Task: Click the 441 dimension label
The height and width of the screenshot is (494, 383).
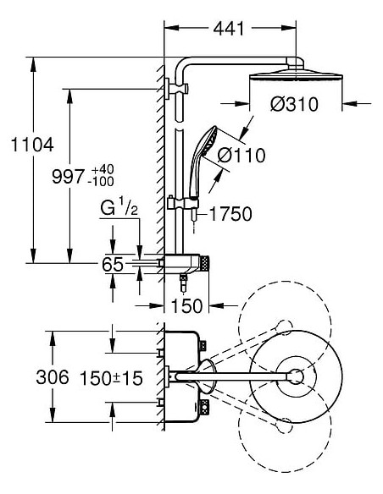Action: pos(229,29)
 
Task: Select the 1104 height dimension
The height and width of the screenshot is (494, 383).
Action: pos(32,145)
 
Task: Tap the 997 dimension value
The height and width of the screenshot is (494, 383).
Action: pos(69,177)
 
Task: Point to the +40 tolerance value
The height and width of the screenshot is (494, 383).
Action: pos(103,169)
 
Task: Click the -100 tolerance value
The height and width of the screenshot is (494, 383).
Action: pos(102,182)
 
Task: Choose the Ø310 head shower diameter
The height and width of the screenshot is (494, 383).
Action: pos(294,104)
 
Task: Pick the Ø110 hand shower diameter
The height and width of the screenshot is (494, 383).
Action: pos(241,156)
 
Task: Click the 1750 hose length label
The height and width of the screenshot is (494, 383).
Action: pos(230,214)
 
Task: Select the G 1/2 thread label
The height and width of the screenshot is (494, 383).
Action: pos(119,207)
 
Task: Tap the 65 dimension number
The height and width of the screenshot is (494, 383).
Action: pos(113,264)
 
